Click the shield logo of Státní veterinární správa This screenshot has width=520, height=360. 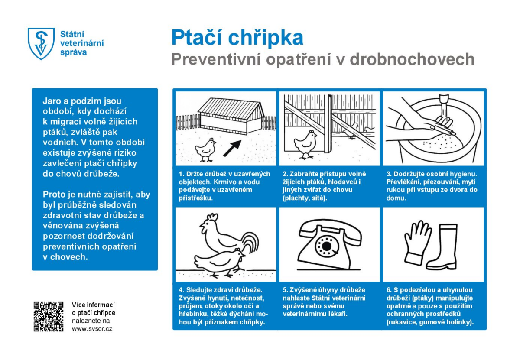41,43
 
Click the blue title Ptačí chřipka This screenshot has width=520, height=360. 237,38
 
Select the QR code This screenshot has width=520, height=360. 49,316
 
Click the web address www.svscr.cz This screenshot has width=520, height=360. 92,329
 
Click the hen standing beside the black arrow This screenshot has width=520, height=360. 205,149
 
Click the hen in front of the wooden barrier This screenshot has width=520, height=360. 305,143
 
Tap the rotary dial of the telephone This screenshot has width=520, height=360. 325,246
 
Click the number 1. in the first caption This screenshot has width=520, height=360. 181,174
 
